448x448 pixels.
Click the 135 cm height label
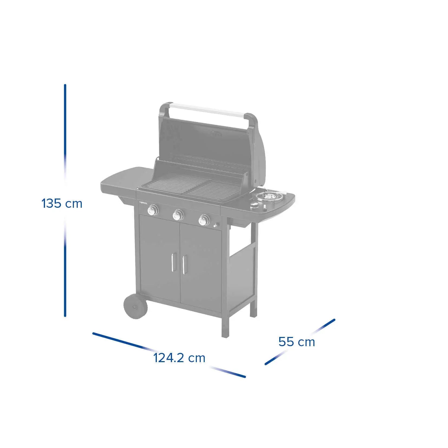click(62, 203)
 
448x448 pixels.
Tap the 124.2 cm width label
click(179, 358)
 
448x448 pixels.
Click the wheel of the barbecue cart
click(135, 307)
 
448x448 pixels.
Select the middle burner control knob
click(178, 215)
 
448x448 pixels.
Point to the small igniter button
click(216, 225)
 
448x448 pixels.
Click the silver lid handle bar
click(209, 111)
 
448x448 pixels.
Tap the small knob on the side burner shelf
click(254, 206)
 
